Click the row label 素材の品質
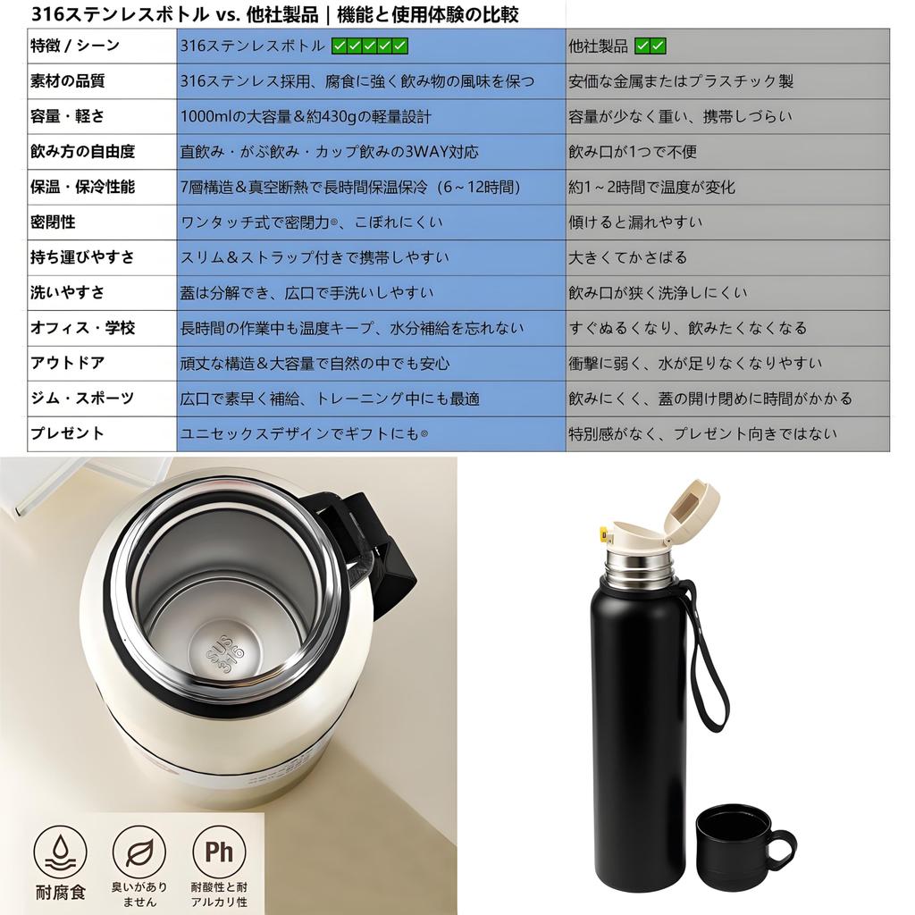67,81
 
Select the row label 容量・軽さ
67,116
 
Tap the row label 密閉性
54,222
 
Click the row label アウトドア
67,364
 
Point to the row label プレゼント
67,434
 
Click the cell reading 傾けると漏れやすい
636,222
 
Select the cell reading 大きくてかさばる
628,257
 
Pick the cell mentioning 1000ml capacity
306,116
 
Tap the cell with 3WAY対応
329,152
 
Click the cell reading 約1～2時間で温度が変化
652,188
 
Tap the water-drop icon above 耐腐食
61,851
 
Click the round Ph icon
219,851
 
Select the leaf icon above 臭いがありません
139,851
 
